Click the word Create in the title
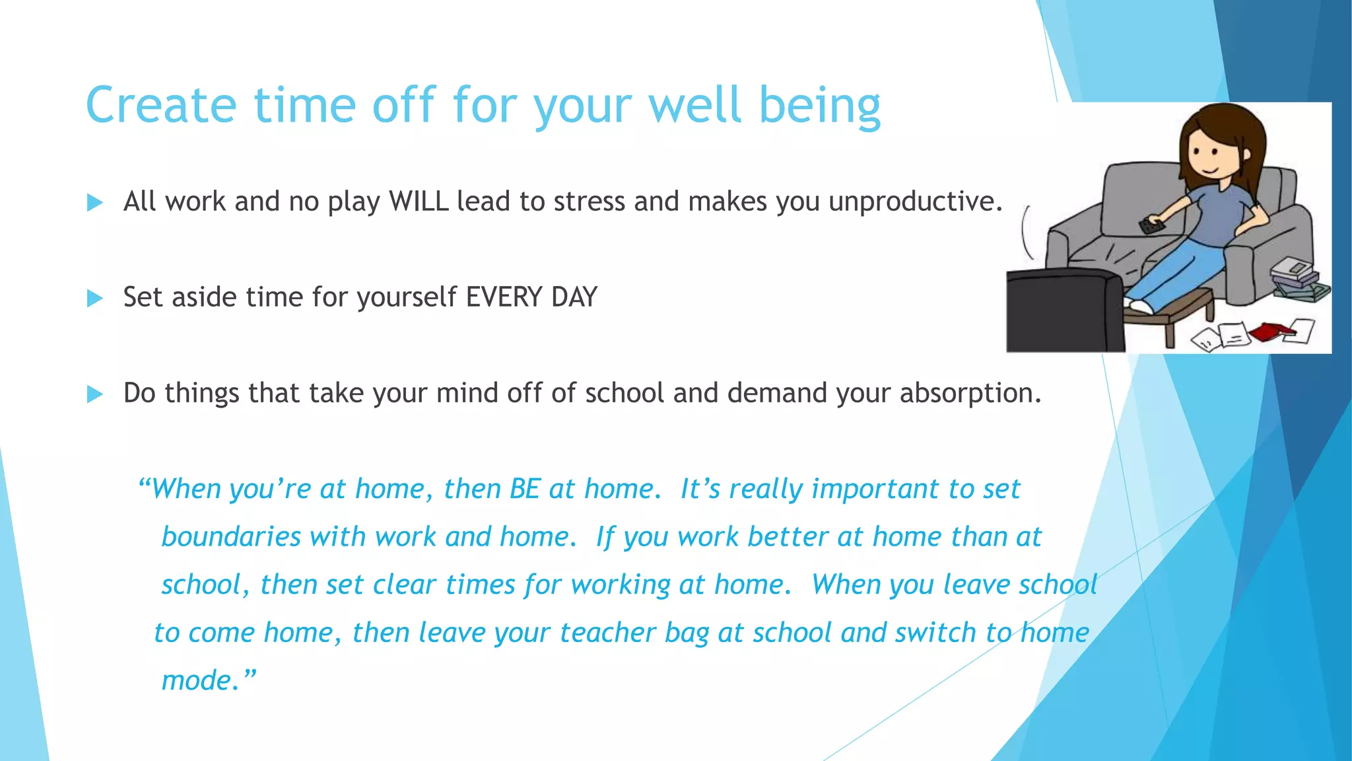click(161, 106)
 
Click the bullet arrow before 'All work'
click(95, 203)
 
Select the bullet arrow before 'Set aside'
click(95, 299)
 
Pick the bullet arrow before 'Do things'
click(95, 394)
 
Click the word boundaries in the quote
click(231, 537)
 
